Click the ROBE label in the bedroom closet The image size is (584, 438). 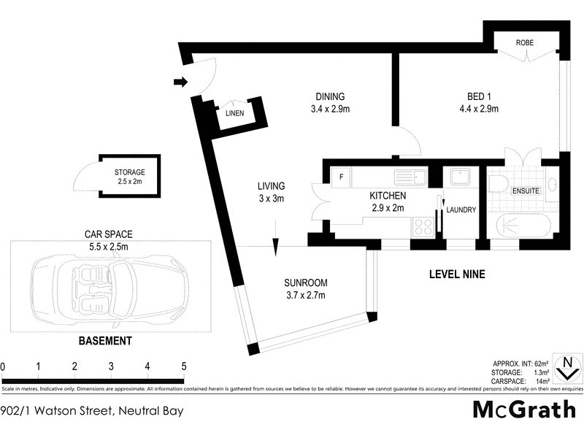[x=524, y=43]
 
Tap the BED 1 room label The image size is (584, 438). [x=482, y=96]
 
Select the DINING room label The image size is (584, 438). [x=329, y=96]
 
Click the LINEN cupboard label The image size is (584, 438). [x=234, y=113]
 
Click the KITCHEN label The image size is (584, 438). [x=387, y=196]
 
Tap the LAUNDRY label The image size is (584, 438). [x=461, y=210]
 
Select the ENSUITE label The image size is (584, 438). [x=526, y=191]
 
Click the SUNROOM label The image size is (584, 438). [x=304, y=283]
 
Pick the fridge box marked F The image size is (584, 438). [x=339, y=176]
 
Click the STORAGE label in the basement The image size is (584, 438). [x=129, y=172]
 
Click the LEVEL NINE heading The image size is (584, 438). [x=456, y=274]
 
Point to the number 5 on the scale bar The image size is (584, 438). [x=183, y=366]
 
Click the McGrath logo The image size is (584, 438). [x=524, y=410]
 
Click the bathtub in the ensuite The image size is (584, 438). [x=520, y=226]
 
